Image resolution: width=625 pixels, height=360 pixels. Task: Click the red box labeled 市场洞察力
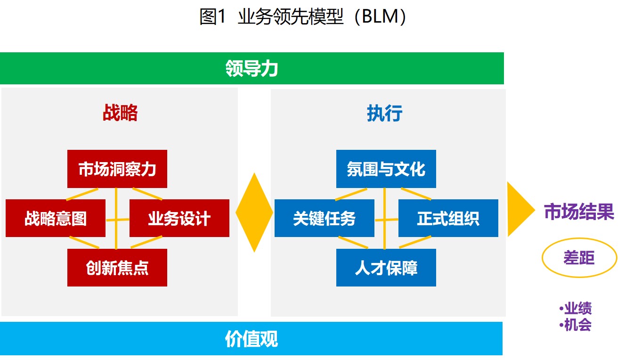point(117,169)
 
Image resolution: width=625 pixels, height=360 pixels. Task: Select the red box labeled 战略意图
point(56,218)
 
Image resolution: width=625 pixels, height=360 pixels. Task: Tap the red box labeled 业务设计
point(179,218)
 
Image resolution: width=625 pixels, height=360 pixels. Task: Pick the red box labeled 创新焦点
point(117,268)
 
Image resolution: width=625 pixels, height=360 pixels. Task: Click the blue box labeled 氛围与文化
point(386,169)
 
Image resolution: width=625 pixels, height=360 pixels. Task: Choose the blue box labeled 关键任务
point(325,218)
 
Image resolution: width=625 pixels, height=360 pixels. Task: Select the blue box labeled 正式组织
point(448,218)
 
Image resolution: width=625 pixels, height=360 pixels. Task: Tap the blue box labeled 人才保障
point(386,268)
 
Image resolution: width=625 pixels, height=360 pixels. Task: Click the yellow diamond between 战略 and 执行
point(254,213)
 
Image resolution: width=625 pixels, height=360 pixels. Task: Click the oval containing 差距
point(579,238)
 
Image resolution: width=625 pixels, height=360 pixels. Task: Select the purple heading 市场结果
point(579,212)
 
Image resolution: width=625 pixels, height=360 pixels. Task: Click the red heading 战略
point(120,113)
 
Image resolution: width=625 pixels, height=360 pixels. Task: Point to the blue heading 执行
point(384,113)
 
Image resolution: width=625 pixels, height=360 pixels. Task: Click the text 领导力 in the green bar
point(252,68)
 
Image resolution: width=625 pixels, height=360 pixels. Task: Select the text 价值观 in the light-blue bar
point(252,339)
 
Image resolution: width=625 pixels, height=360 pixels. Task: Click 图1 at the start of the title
point(212,16)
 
